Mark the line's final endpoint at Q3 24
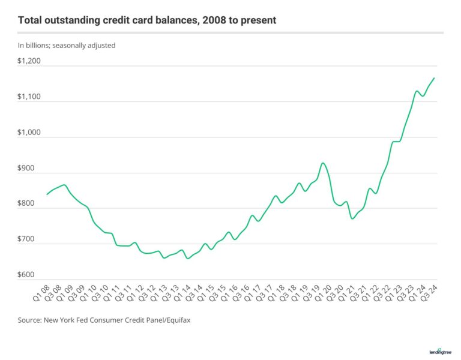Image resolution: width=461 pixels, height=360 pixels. tap(434, 78)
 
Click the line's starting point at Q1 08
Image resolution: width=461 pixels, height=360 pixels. tap(47, 194)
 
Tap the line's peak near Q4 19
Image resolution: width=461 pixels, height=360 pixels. tap(323, 163)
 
